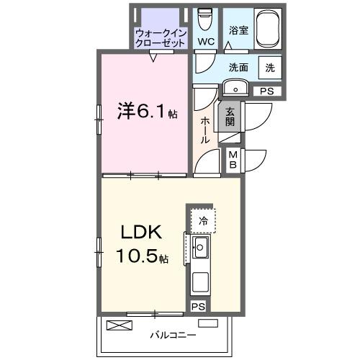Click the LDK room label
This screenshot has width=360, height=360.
[x=140, y=234]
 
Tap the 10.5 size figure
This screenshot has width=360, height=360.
[x=141, y=257]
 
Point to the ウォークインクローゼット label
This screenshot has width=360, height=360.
[x=161, y=37]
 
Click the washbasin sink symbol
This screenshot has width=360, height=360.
[x=236, y=88]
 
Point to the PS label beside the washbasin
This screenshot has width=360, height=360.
[x=267, y=91]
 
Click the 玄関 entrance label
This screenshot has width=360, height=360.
[x=230, y=117]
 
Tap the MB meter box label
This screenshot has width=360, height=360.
[x=234, y=159]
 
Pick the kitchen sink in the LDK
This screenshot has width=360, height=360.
[x=200, y=251]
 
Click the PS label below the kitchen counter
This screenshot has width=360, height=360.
[x=198, y=307]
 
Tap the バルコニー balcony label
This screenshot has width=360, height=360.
[x=168, y=335]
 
